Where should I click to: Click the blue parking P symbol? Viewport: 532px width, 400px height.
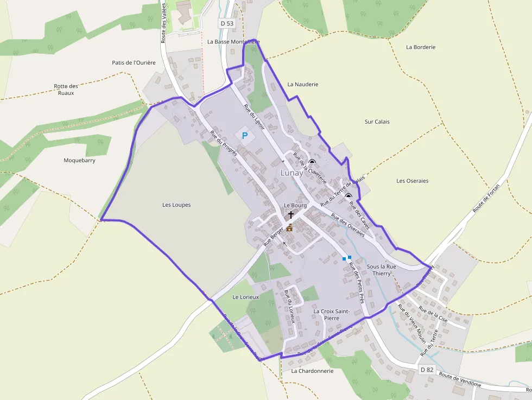pyautogui.click(x=244, y=135)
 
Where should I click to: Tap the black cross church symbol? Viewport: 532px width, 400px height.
pyautogui.click(x=291, y=215)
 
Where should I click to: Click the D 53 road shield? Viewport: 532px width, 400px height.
pyautogui.click(x=226, y=23)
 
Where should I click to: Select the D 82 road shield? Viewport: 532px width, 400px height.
pyautogui.click(x=427, y=370)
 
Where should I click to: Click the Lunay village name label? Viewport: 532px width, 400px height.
pyautogui.click(x=292, y=173)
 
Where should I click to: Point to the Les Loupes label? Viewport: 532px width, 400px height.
pyautogui.click(x=176, y=205)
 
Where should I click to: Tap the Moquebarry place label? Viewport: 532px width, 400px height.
pyautogui.click(x=79, y=160)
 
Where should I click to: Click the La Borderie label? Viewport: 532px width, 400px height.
pyautogui.click(x=421, y=47)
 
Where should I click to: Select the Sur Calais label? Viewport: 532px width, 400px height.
pyautogui.click(x=377, y=122)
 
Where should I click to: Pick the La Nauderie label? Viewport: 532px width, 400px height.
pyautogui.click(x=303, y=85)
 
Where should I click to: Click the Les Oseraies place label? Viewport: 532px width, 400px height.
pyautogui.click(x=413, y=181)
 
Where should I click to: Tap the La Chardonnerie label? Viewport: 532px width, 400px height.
pyautogui.click(x=312, y=371)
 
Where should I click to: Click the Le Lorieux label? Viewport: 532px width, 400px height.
pyautogui.click(x=246, y=297)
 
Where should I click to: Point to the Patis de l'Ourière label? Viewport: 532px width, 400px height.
pyautogui.click(x=134, y=62)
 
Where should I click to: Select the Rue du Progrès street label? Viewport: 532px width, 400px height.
pyautogui.click(x=224, y=143)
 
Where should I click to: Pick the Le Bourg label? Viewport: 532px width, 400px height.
pyautogui.click(x=295, y=206)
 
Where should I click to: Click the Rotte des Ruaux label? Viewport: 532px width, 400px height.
pyautogui.click(x=66, y=90)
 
